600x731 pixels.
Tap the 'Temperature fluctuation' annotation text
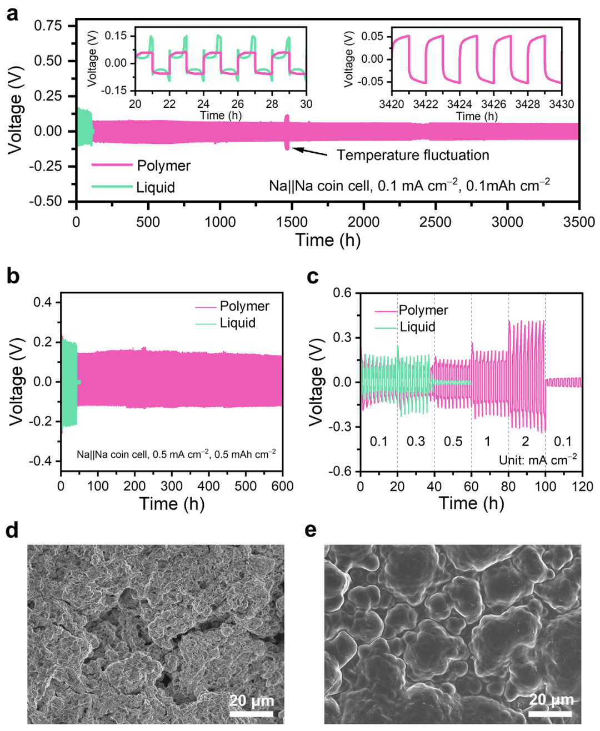[413, 155]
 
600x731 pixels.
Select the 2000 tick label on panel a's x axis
[363, 222]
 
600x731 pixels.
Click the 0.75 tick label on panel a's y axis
[48, 26]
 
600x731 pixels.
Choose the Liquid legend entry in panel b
[226, 323]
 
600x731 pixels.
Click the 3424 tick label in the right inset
[459, 104]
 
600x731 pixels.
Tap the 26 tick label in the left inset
[238, 104]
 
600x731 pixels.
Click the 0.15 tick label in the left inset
[116, 36]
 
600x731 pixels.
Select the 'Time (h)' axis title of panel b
[172, 503]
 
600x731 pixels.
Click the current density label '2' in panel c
[526, 441]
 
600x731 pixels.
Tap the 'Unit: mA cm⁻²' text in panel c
[538, 459]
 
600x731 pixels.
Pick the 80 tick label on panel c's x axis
[508, 486]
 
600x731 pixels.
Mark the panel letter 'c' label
[313, 277]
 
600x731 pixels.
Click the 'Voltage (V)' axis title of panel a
[15, 109]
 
